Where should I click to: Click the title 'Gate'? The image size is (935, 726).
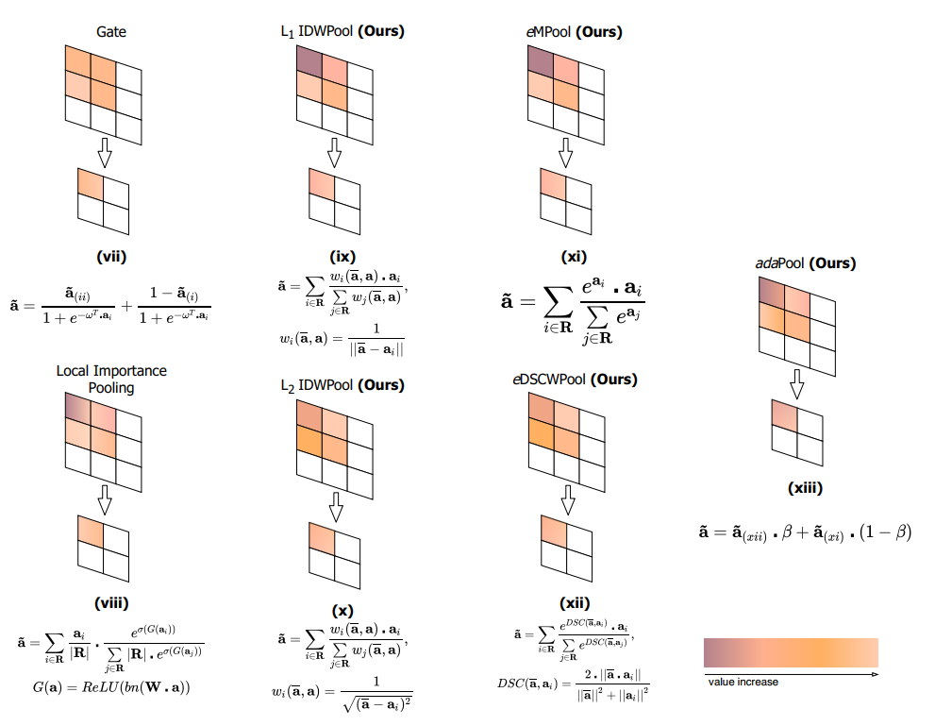(x=111, y=32)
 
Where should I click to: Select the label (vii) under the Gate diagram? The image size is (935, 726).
(x=111, y=255)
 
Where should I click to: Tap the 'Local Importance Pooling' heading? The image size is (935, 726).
(x=111, y=379)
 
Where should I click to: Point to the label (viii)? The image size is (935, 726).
(x=111, y=603)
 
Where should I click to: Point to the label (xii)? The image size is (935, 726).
(x=574, y=603)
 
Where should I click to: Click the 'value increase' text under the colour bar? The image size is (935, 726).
(x=743, y=682)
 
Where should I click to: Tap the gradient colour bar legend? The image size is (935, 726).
(x=791, y=652)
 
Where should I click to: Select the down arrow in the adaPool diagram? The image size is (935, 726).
(x=797, y=381)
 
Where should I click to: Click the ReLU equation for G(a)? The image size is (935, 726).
(x=111, y=686)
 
